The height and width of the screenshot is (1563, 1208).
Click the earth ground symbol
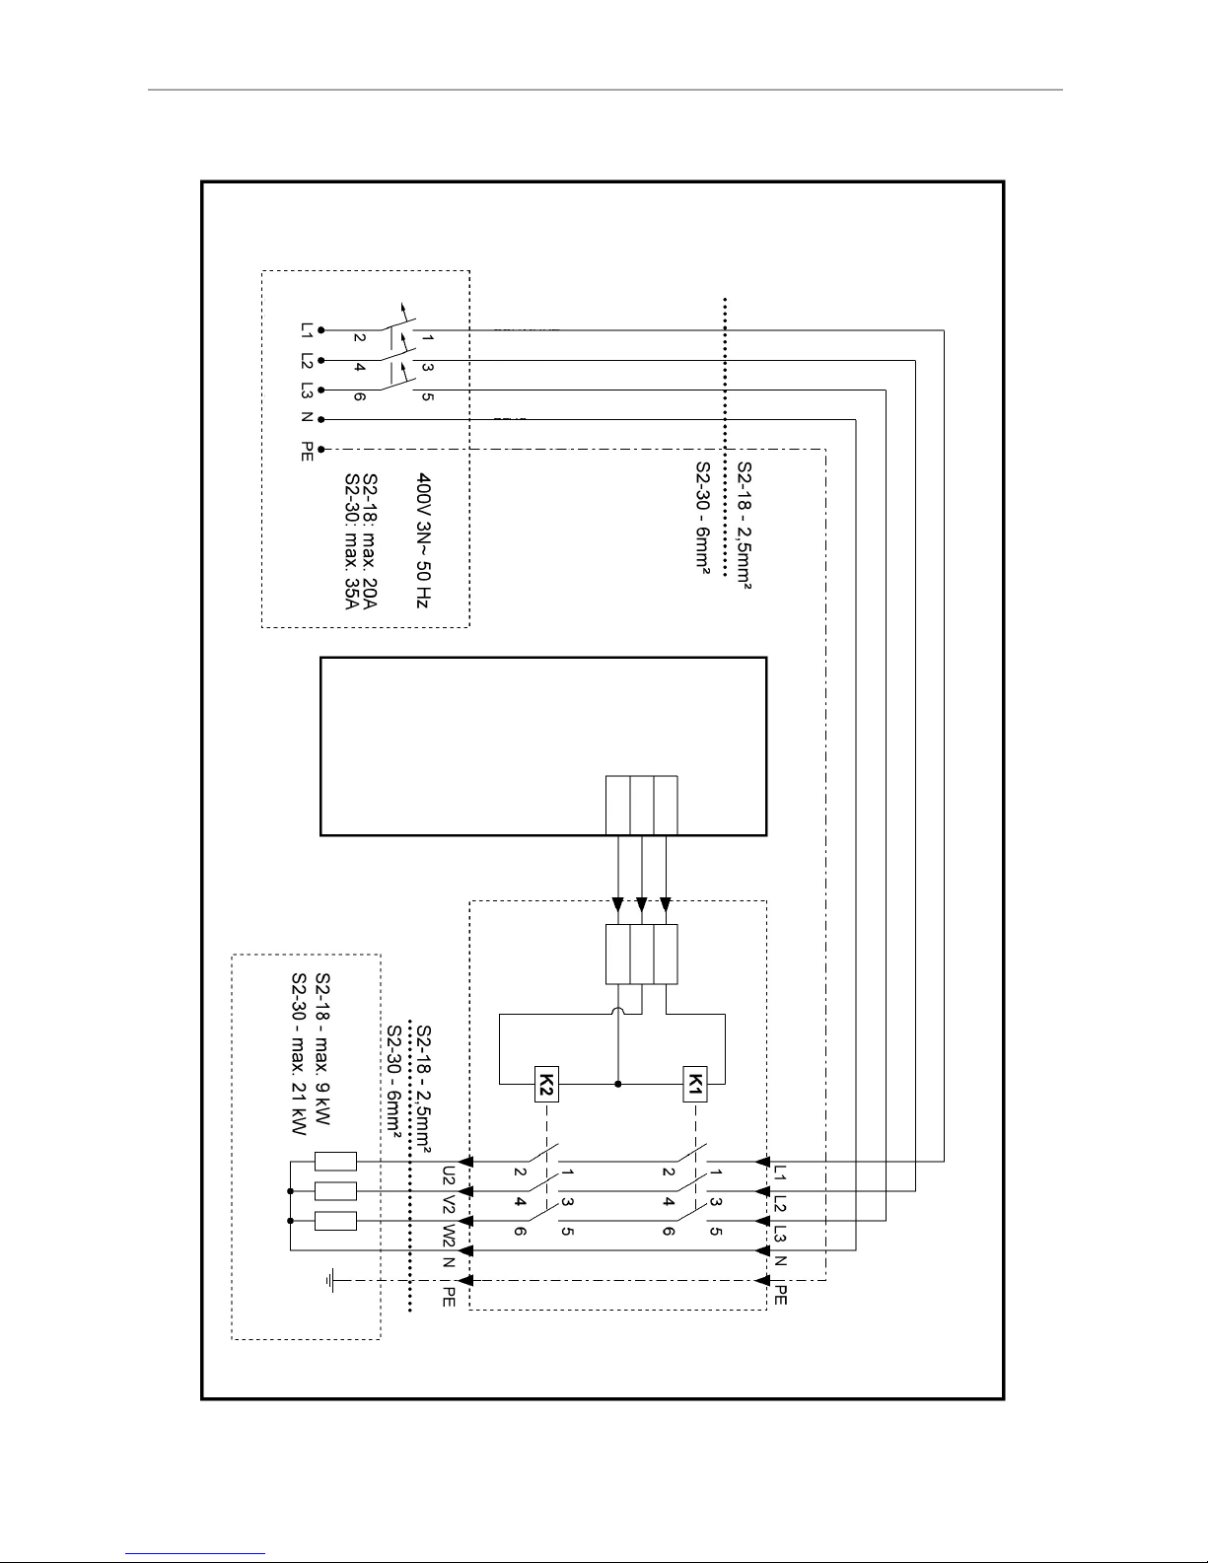(x=332, y=1281)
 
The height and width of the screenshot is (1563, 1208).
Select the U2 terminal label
(x=449, y=1175)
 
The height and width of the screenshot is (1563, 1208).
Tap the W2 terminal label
(x=449, y=1235)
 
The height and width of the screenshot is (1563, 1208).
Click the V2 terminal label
(x=449, y=1204)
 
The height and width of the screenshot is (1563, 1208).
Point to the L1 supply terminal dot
(x=322, y=330)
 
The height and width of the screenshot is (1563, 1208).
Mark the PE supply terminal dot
(x=322, y=450)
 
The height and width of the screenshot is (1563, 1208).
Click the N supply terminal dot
(x=322, y=420)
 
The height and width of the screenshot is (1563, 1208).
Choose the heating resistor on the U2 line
(x=334, y=1162)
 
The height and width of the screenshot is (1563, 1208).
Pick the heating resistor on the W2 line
(x=334, y=1222)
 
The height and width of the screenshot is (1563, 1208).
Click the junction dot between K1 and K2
(x=618, y=1084)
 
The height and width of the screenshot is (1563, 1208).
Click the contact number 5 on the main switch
(x=427, y=397)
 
